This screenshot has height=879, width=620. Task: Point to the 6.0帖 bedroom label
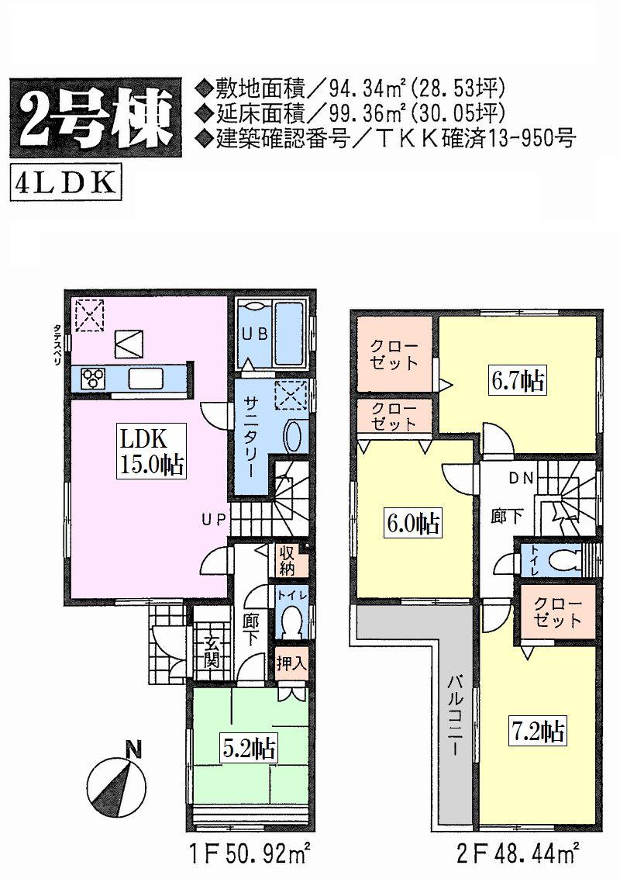coord(413,524)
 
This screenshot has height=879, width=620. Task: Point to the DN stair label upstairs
coord(520,479)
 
